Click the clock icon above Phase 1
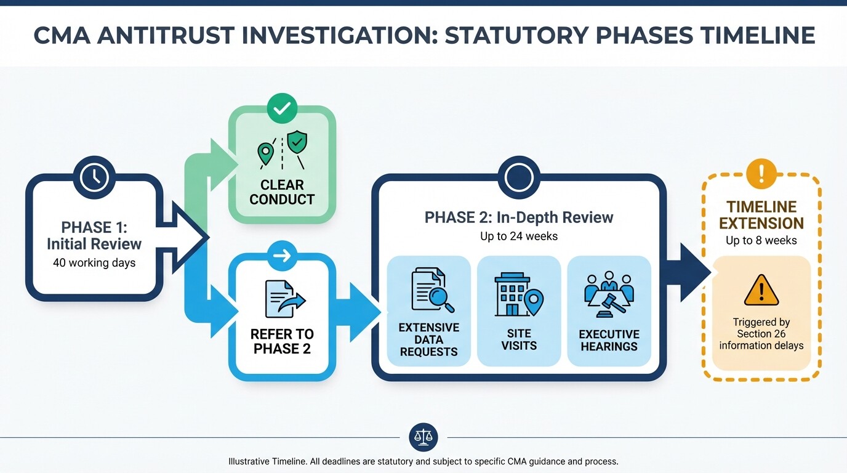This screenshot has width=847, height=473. coord(94,178)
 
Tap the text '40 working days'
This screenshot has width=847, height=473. coord(94,263)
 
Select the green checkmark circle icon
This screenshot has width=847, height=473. coord(282,109)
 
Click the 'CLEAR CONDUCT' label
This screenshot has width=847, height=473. coord(282,192)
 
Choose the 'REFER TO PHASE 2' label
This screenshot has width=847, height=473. coord(282,341)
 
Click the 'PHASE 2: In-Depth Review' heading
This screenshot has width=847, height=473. coord(518,217)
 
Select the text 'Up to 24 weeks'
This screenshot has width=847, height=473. coord(518,236)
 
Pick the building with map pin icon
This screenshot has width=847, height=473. coord(519,294)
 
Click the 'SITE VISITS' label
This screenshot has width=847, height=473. coord(519,339)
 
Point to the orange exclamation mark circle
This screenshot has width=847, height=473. coord(761,174)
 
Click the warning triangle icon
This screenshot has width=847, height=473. coord(761,291)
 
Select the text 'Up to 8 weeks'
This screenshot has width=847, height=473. coord(761,241)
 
